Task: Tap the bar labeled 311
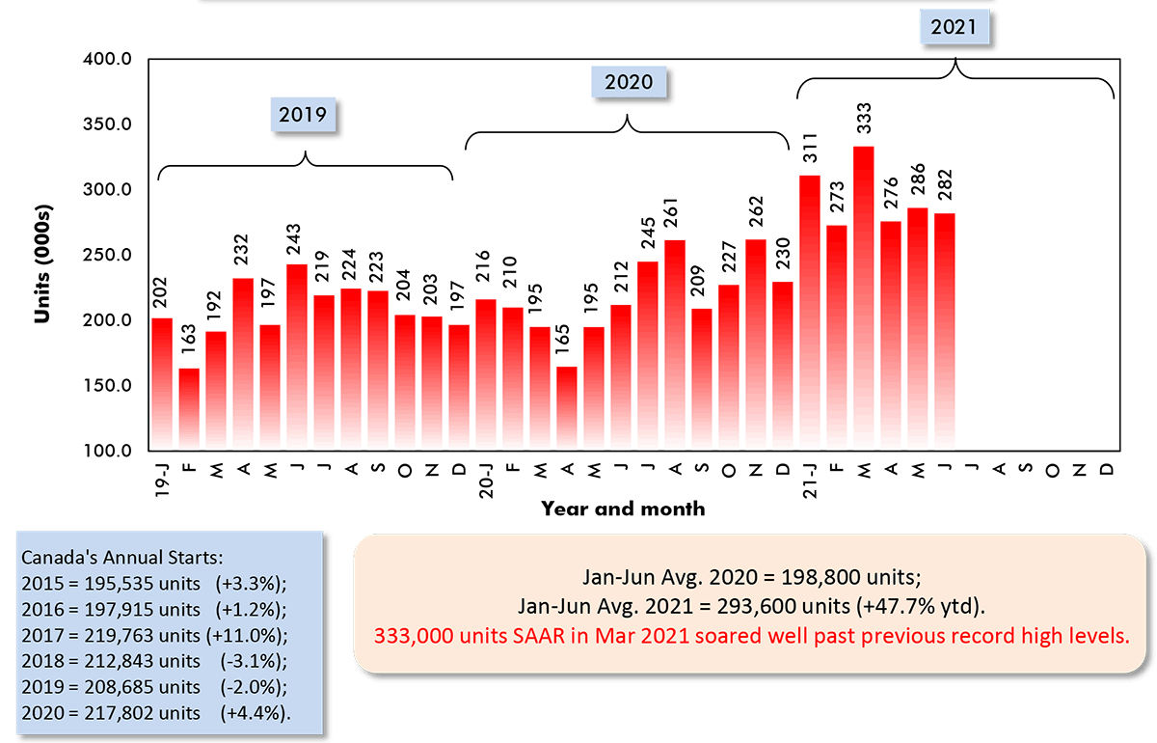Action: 810,309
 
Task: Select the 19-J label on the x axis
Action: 163,479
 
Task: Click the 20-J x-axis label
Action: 487,479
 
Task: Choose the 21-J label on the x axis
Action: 811,479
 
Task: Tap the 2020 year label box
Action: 629,82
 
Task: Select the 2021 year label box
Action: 955,27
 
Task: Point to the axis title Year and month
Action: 622,509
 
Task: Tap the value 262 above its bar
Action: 756,215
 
